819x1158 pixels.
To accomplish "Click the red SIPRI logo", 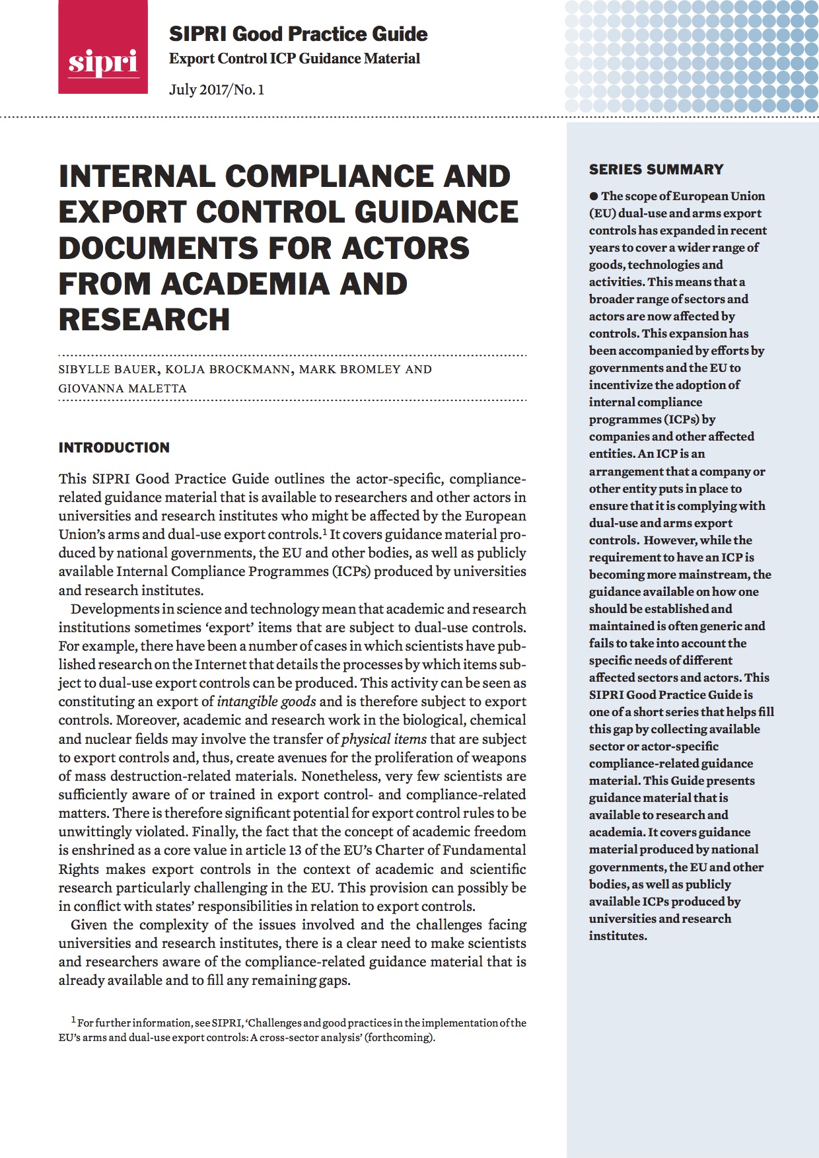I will [102, 48].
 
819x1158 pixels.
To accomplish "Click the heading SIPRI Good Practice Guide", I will [298, 34].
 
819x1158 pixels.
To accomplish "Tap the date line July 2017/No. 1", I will [217, 90].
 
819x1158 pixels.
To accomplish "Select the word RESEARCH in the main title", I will [144, 320].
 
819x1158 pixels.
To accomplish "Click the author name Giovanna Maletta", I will [122, 388].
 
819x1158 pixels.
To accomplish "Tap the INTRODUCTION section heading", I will [114, 448].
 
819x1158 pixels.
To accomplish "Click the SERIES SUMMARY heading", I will [656, 170].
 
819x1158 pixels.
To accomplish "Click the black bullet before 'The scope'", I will [594, 196].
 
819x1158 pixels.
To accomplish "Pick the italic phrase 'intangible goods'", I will [266, 702].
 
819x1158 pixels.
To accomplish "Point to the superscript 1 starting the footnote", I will [73, 1021].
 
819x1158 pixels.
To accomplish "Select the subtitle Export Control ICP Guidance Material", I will [294, 59].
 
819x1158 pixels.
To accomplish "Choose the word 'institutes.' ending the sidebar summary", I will [618, 936].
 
